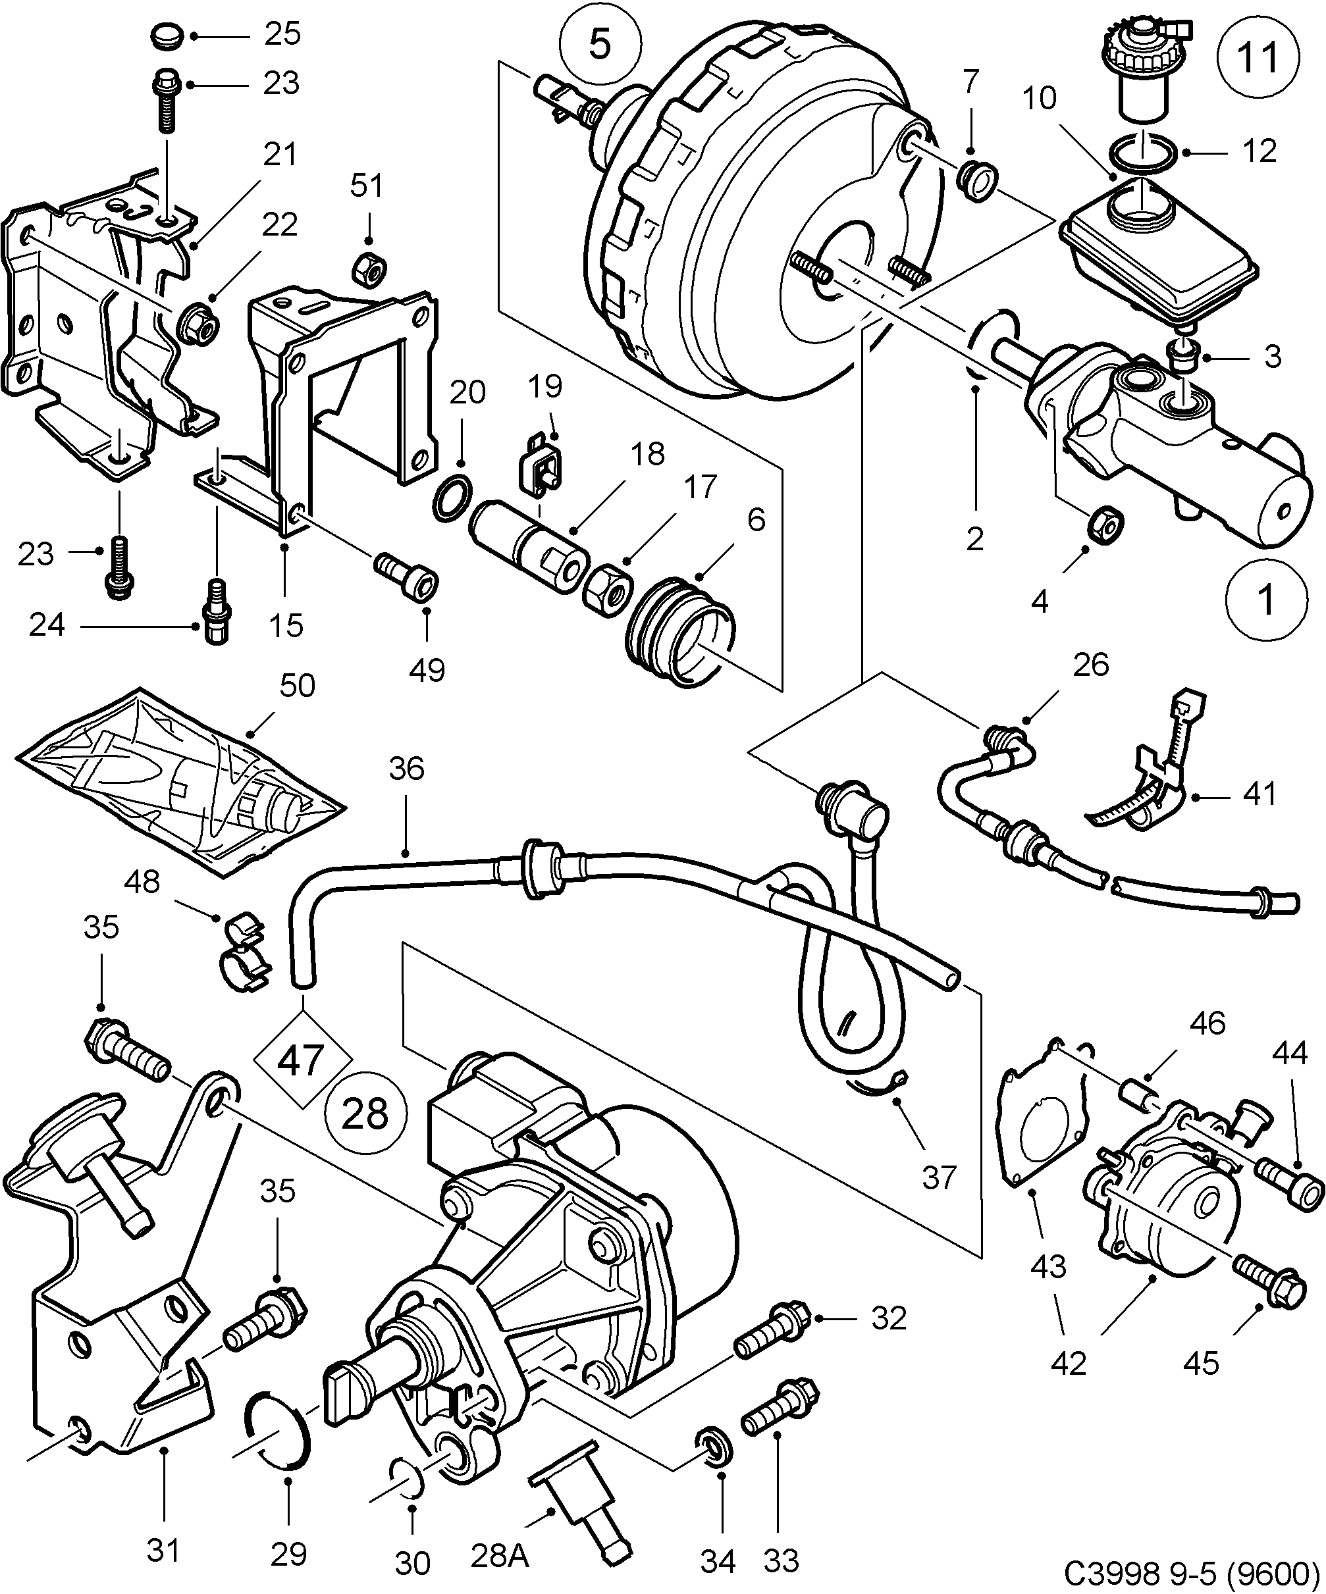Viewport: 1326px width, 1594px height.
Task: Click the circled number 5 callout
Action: tap(600, 45)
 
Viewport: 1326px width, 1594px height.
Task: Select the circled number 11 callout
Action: tap(1258, 58)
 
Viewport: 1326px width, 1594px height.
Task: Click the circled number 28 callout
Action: tap(366, 1114)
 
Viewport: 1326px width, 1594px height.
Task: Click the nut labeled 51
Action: tap(370, 268)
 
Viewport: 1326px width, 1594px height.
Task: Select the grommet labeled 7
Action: tap(978, 180)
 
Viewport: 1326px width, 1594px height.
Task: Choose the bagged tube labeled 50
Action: tap(178, 782)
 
